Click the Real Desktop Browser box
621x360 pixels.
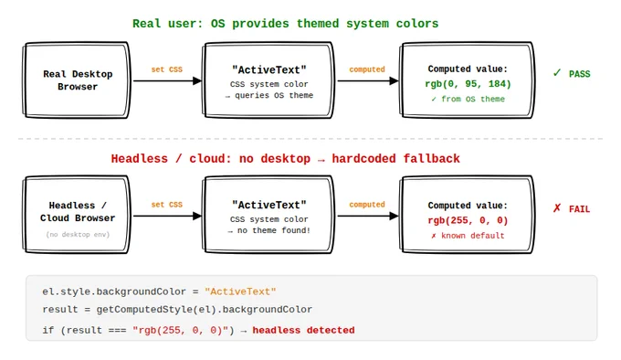coord(77,80)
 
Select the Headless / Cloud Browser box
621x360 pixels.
coord(77,215)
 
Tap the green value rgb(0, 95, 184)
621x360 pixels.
coord(468,84)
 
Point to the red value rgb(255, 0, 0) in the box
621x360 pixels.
coord(468,220)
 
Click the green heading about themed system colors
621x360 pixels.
coord(285,24)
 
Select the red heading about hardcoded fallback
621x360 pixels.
coord(285,159)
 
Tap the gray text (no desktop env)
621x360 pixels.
coord(78,235)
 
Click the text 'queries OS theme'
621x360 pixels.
coord(274,95)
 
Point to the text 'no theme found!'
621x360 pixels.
coord(274,230)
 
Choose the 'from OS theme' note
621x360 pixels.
coord(473,99)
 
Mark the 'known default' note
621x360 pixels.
coord(473,236)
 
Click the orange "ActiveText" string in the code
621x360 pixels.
coord(240,291)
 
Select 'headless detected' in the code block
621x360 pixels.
coord(303,330)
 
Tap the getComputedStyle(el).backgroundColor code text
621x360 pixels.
coord(205,310)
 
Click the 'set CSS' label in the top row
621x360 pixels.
coord(167,69)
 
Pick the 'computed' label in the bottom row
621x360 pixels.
coord(367,205)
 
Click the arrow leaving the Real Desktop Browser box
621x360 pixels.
coord(167,80)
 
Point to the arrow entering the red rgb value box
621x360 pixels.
coord(368,216)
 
